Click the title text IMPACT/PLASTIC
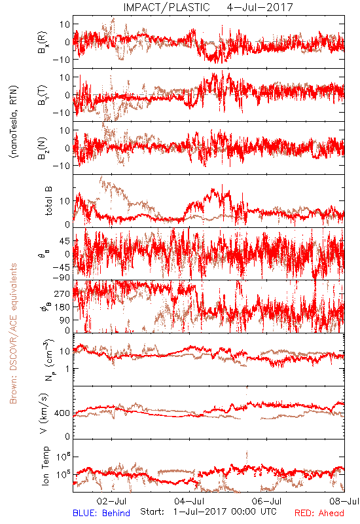coord(166,7)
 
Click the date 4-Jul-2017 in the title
coord(260,7)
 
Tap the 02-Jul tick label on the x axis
coord(111,501)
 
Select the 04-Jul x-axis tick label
coord(189,501)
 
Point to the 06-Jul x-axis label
coord(267,501)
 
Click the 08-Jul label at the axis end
coord(344,501)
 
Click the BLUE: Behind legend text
coord(101,513)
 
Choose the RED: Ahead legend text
coord(319,513)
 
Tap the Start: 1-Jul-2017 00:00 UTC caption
coord(208,512)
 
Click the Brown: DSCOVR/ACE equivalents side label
coord(13,333)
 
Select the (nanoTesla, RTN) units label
coord(14,121)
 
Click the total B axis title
coord(48,201)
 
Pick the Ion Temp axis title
coord(45,466)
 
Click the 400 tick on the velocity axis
coord(62,413)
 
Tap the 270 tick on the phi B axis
coord(62,293)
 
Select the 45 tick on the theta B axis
coord(65,241)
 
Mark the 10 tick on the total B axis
coord(65,201)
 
